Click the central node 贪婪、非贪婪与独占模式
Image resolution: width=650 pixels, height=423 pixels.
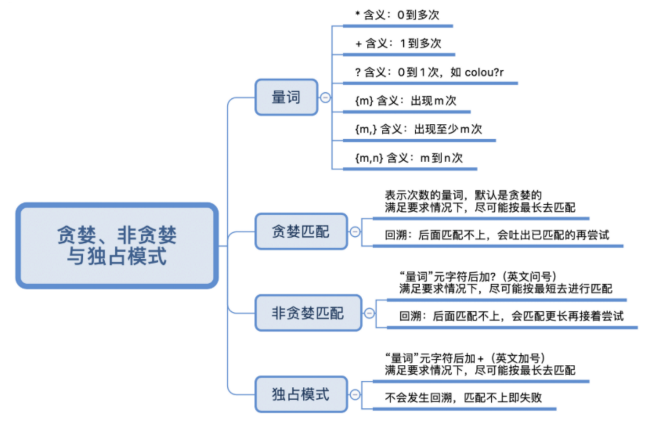coord(117,245)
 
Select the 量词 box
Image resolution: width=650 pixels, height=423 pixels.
coord(286,97)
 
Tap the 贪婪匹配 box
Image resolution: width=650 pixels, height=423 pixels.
coord(301,232)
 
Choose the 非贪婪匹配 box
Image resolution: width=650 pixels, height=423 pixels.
coord(308,313)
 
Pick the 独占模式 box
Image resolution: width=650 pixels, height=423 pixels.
coord(301,394)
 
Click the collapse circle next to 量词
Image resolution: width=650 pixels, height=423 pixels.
coord(326,97)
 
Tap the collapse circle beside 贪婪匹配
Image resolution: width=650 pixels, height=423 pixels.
coord(355,232)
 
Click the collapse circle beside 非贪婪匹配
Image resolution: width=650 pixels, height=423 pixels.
coord(369,313)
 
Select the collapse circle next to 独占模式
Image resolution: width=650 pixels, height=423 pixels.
coord(355,394)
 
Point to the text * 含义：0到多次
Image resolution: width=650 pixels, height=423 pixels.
coord(397,15)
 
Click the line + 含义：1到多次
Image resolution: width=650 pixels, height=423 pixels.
coord(398,44)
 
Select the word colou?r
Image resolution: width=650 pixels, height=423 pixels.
coord(484,72)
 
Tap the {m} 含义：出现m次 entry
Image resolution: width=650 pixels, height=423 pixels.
coord(405,101)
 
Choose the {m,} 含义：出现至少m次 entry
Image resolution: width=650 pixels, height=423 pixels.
coord(418,129)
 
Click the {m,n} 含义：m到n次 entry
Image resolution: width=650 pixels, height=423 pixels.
coord(408,158)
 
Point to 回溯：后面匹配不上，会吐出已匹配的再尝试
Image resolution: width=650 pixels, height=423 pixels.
coord(497,235)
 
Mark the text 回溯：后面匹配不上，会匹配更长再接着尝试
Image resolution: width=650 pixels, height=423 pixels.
coord(511,316)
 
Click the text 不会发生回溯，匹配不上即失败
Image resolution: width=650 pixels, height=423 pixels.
coord(463,398)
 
